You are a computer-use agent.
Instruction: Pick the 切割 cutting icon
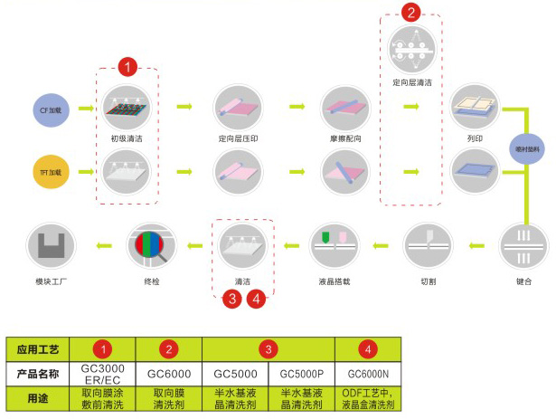click(x=429, y=243)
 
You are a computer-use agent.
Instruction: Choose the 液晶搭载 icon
click(x=334, y=243)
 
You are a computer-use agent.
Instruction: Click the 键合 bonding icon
click(x=523, y=243)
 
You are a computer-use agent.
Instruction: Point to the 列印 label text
click(x=476, y=140)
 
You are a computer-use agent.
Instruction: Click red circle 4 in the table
click(x=369, y=348)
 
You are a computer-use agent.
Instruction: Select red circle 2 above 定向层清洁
click(x=411, y=13)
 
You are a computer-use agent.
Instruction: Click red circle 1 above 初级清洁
click(x=128, y=66)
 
